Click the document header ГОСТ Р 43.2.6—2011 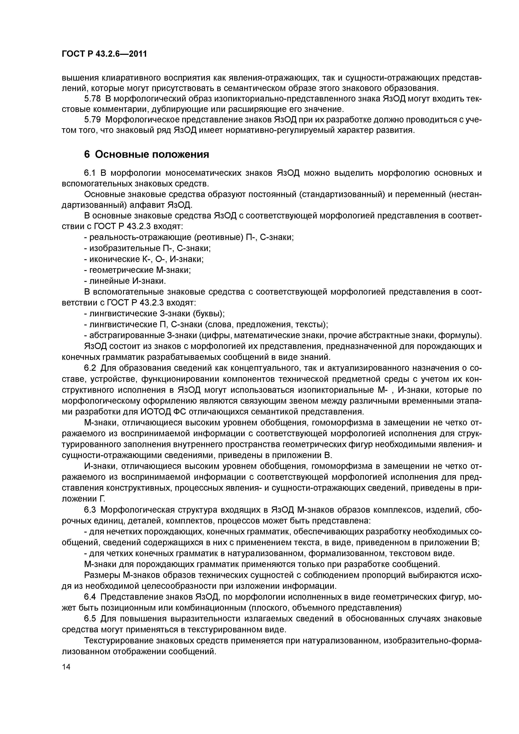104,54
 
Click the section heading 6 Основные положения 146,154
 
